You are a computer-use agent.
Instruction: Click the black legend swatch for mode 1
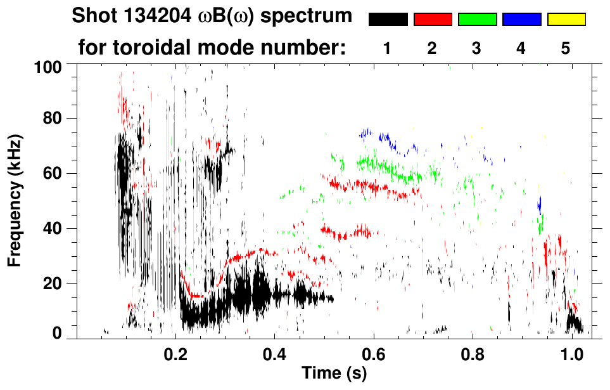[388, 20]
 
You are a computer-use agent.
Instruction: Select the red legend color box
[433, 20]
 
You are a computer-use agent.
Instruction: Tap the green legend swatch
[477, 20]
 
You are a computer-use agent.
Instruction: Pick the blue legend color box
[521, 20]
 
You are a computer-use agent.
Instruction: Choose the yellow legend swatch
[566, 20]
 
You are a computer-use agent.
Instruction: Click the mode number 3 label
[476, 48]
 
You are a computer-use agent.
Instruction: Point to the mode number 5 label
[566, 48]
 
